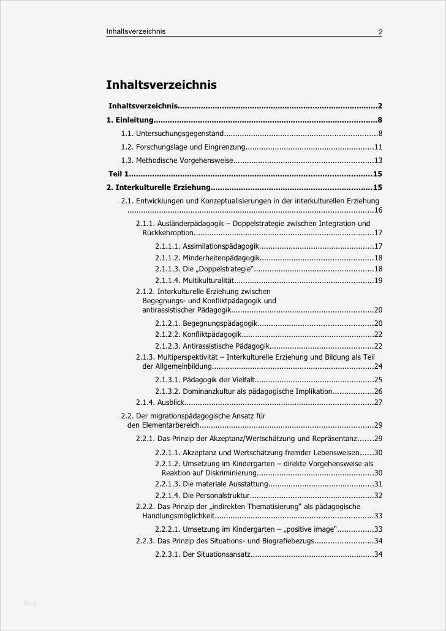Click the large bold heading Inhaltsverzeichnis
[161, 85]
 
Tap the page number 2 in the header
[380, 32]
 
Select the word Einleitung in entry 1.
[134, 121]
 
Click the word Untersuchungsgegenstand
[180, 134]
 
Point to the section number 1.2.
[127, 147]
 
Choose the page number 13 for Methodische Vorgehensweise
[378, 161]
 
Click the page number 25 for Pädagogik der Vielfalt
[378, 380]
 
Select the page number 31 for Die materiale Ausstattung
[378, 485]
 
